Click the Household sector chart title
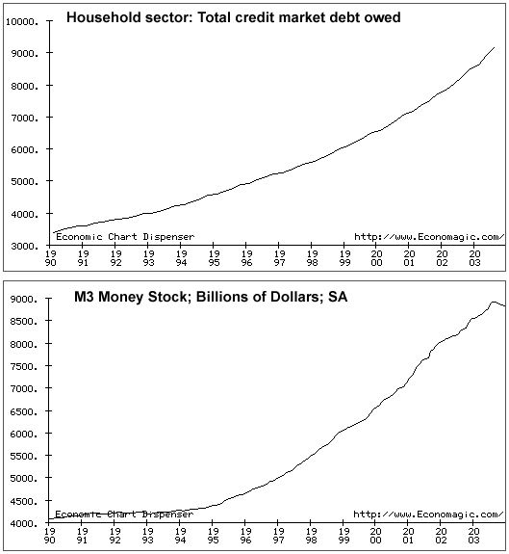(234, 17)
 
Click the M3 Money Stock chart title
(211, 297)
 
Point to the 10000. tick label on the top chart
(22, 22)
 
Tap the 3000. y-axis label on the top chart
(25, 246)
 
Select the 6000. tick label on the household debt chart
(25, 149)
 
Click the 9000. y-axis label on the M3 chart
(24, 300)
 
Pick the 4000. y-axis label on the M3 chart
(24, 523)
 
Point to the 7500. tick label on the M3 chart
(24, 366)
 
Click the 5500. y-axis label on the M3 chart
(24, 456)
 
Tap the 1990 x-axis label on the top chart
(50, 258)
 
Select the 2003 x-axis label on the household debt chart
(474, 258)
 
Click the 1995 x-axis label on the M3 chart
(213, 536)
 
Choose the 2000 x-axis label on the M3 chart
(376, 536)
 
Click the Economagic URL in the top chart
(429, 237)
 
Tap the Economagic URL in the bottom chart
(428, 514)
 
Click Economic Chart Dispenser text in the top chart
(125, 236)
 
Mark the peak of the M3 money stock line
(494, 303)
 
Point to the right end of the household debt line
(495, 47)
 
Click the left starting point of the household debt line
(54, 232)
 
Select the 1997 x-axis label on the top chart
(279, 258)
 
